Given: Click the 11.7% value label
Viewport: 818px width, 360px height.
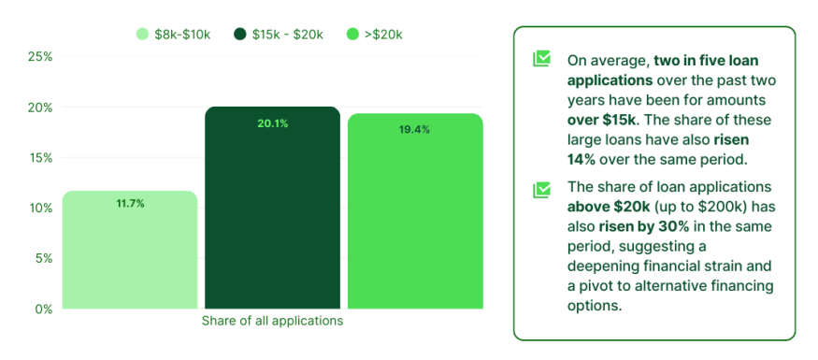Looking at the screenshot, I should pos(130,203).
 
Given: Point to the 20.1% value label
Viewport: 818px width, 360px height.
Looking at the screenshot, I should pos(273,123).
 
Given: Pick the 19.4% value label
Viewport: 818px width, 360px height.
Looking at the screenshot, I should pos(415,130).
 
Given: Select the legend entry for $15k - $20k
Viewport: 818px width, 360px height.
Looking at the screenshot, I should pos(279,35).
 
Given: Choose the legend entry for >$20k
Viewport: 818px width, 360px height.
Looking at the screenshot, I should pos(375,35).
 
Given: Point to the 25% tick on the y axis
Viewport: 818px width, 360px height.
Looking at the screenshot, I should pos(40,57).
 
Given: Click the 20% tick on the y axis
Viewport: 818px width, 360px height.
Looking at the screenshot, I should pos(40,108).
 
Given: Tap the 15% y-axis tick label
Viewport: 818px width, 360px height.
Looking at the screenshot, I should pos(40,157).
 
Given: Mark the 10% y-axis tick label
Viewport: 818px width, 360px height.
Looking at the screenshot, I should pos(40,208).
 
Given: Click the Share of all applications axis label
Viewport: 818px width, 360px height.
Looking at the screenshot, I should pos(272,321).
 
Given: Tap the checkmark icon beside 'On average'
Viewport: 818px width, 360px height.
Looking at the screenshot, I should pos(541,59).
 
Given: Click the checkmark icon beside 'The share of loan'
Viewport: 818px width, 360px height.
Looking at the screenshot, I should pos(541,189).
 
